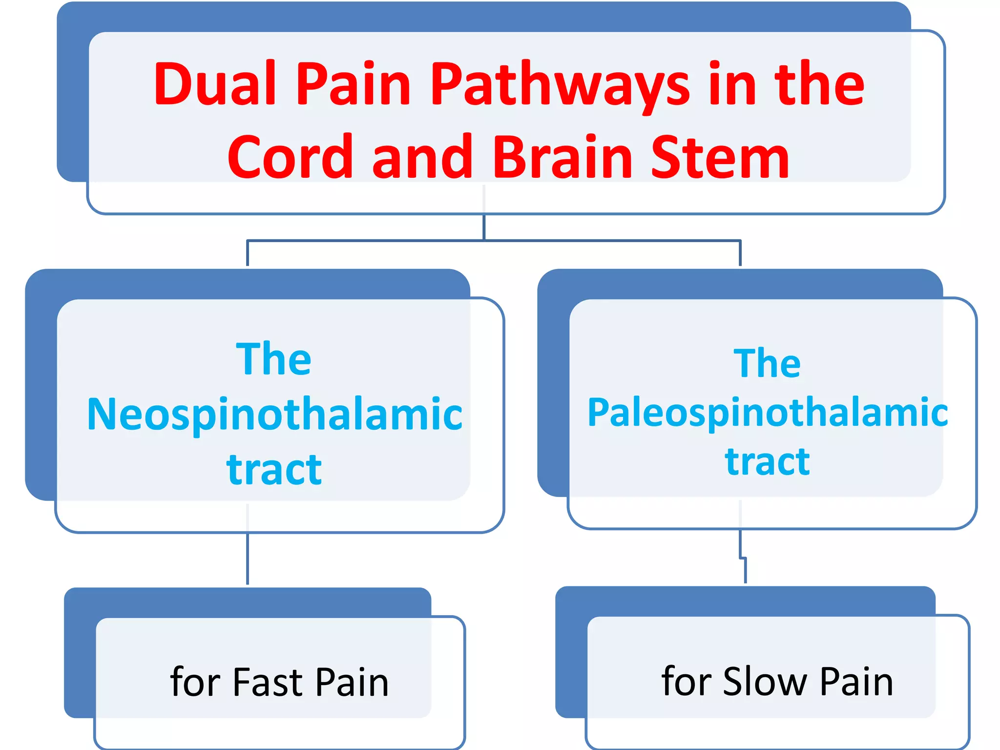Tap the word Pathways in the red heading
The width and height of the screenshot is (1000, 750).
pos(560,84)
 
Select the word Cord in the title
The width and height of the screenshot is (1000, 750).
pos(290,157)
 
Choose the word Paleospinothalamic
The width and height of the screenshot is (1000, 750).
pos(767,413)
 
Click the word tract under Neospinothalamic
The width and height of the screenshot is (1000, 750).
pos(274,469)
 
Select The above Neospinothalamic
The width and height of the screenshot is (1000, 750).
pos(273,359)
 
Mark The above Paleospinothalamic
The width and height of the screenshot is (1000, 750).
pos(767,364)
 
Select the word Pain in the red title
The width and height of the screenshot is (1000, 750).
pos(354,84)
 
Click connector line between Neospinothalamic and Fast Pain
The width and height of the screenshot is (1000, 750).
pos(248,559)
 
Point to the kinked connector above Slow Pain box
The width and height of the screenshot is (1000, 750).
pos(743,557)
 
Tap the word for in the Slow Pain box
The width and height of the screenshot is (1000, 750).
pos(686,681)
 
